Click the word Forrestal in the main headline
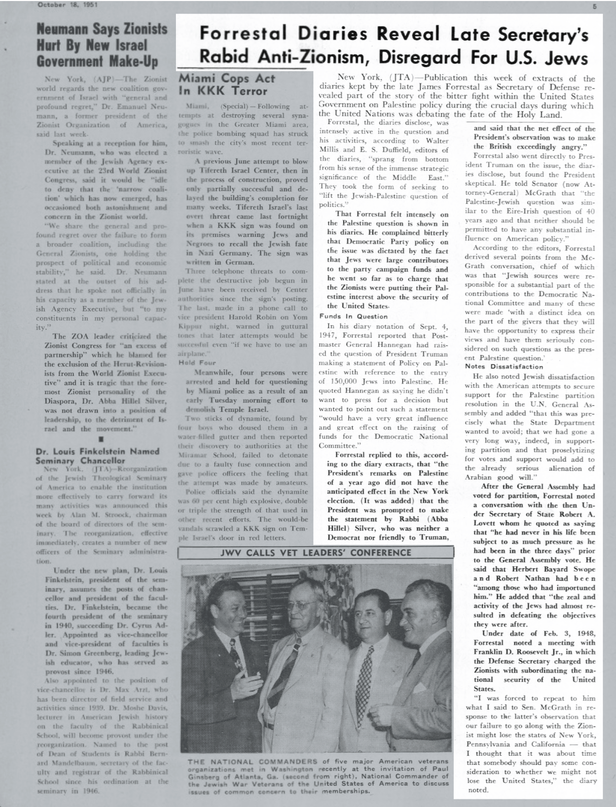[243, 34]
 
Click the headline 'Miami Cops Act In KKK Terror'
[227, 85]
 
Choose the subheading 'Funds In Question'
[346, 316]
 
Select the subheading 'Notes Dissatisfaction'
[500, 366]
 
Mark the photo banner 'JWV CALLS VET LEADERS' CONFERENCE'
[315, 552]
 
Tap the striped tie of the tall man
[280, 674]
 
